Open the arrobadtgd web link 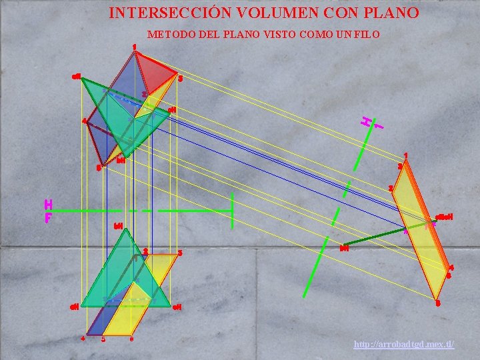point(404,344)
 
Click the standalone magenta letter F point(48,218)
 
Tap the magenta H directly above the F point(48,204)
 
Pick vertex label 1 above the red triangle point(135,47)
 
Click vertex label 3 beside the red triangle point(180,79)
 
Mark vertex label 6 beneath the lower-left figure point(131,339)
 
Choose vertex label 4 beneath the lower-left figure point(83,338)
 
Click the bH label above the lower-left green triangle point(118,225)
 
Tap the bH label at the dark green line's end point(344,249)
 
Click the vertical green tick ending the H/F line point(232,210)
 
